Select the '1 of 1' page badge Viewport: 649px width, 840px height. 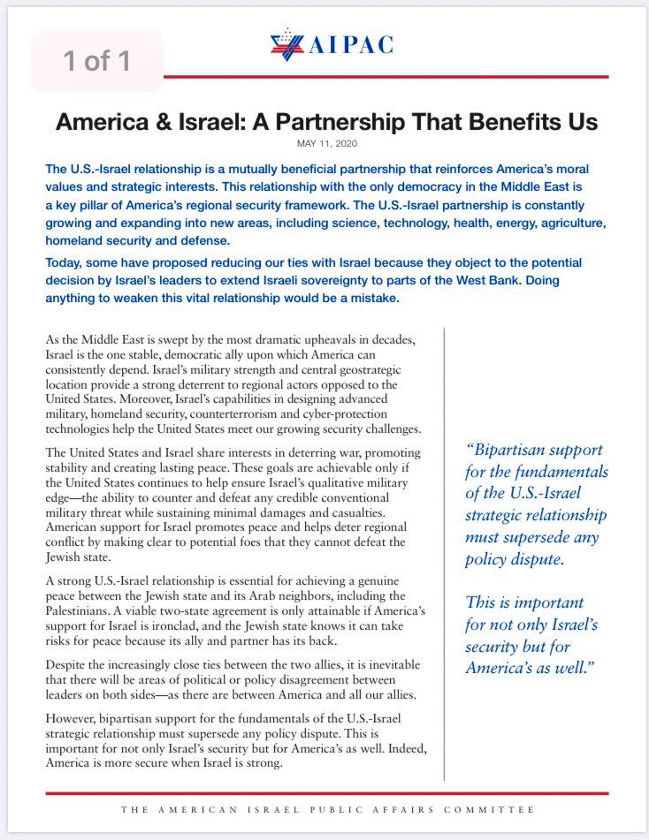pos(97,61)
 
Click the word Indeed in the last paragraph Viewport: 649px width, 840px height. pos(406,750)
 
